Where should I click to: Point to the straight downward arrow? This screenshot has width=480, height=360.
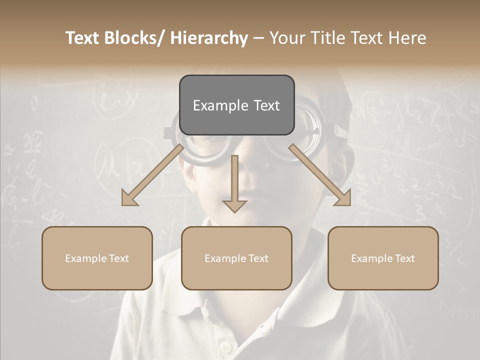click(x=235, y=182)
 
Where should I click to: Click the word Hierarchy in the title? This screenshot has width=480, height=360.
click(x=209, y=38)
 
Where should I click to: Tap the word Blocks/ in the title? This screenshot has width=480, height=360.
click(x=134, y=38)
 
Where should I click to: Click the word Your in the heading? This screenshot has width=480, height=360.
click(x=288, y=38)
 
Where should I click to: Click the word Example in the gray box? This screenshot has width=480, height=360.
click(x=220, y=105)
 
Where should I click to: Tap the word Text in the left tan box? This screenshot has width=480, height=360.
click(x=118, y=258)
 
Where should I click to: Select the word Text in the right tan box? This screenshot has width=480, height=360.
click(x=404, y=258)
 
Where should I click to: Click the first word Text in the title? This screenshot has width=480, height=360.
click(x=82, y=38)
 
